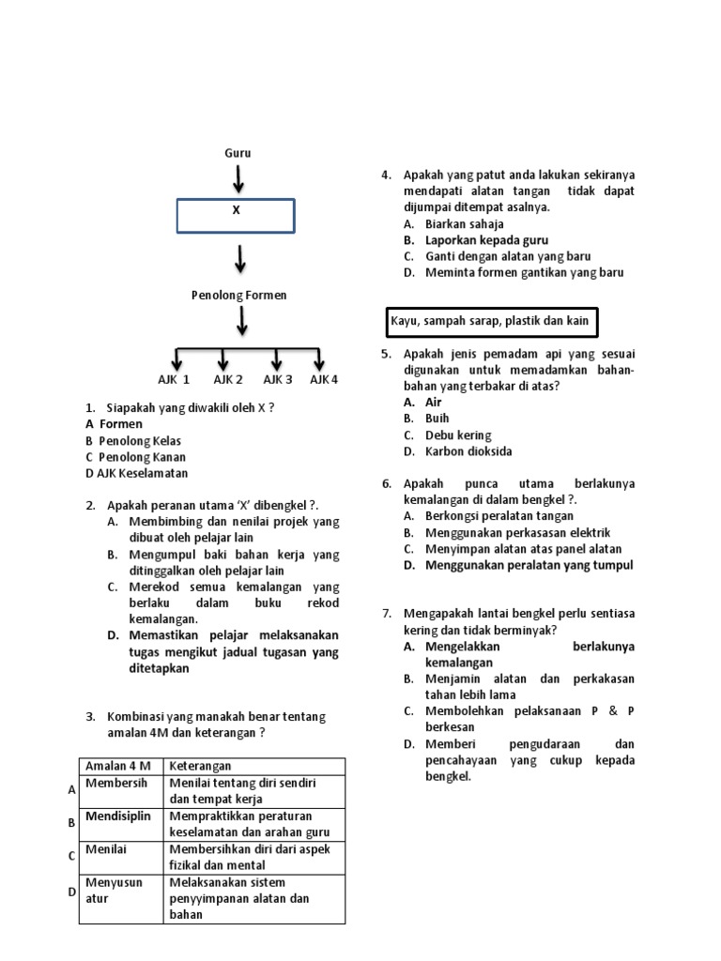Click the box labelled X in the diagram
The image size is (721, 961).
click(x=236, y=215)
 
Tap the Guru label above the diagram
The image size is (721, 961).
click(x=238, y=153)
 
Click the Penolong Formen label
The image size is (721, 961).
click(x=239, y=295)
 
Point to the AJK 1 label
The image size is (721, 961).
click(x=174, y=379)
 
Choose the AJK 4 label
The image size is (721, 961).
click(x=324, y=379)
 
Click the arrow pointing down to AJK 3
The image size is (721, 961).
click(x=277, y=359)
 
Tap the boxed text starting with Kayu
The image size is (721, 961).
click(x=489, y=321)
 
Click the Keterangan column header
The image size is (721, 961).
click(x=200, y=766)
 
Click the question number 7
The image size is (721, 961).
click(x=386, y=613)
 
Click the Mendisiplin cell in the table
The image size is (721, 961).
click(x=117, y=816)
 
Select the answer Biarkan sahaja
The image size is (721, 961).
click(x=464, y=224)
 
